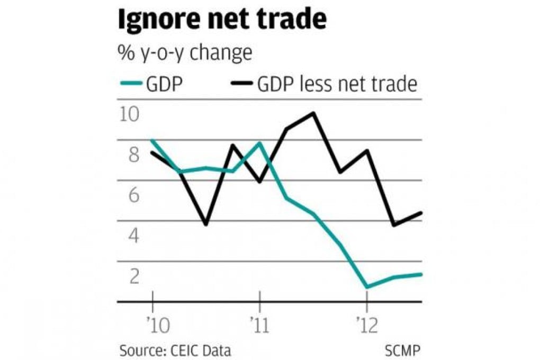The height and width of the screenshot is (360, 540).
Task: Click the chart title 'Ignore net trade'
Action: pos(221,20)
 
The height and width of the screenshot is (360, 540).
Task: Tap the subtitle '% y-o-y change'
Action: pos(184,53)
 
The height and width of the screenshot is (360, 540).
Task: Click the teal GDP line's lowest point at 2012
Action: pos(366,287)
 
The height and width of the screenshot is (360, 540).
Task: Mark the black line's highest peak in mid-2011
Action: pos(313,113)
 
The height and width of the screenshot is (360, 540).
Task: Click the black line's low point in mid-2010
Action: pos(205,224)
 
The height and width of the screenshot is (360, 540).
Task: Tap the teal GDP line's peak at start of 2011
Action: pos(259,142)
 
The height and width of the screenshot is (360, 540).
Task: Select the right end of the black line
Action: pos(421,213)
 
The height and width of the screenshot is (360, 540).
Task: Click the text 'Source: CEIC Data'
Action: pos(175,350)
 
